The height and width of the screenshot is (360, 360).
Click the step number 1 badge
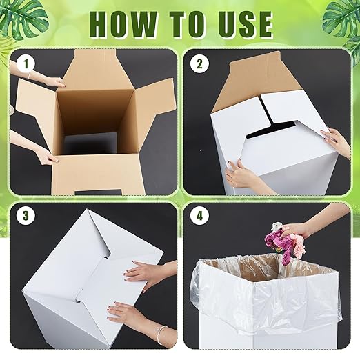(28, 65)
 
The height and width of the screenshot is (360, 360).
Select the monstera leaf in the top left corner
(21, 14)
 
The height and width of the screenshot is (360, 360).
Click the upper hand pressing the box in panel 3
(146, 272)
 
